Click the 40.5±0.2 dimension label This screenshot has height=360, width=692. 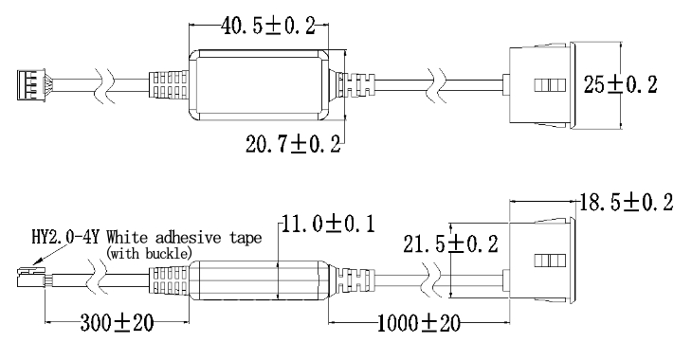[x=268, y=26]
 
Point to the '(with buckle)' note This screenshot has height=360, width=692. [x=149, y=253]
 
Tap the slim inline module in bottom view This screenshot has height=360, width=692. [x=261, y=280]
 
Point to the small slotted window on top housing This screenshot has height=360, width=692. [x=550, y=85]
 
